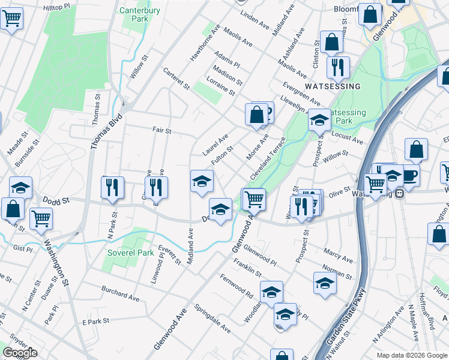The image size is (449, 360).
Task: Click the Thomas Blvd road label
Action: coord(103,131)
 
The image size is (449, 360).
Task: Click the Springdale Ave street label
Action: coord(212,319)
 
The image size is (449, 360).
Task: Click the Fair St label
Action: coord(162,130)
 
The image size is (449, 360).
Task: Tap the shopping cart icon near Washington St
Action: coord(41,218)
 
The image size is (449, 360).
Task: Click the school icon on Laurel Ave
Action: coord(202,181)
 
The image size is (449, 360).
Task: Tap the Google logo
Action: coord(20,353)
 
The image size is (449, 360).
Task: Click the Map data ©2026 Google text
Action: coord(412,355)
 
